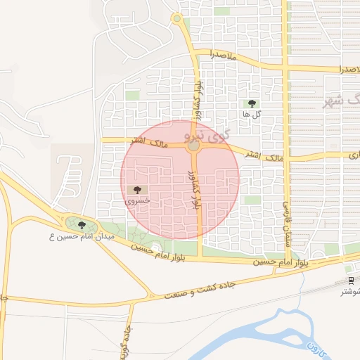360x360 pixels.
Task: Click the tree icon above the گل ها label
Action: click(252, 104)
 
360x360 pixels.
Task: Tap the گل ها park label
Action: click(252, 114)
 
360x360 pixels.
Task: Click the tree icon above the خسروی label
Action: click(137, 190)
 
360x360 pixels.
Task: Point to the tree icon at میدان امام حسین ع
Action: click(82, 225)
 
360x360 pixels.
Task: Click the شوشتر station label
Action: click(351, 290)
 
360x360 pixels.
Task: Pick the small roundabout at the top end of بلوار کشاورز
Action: click(176, 18)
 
